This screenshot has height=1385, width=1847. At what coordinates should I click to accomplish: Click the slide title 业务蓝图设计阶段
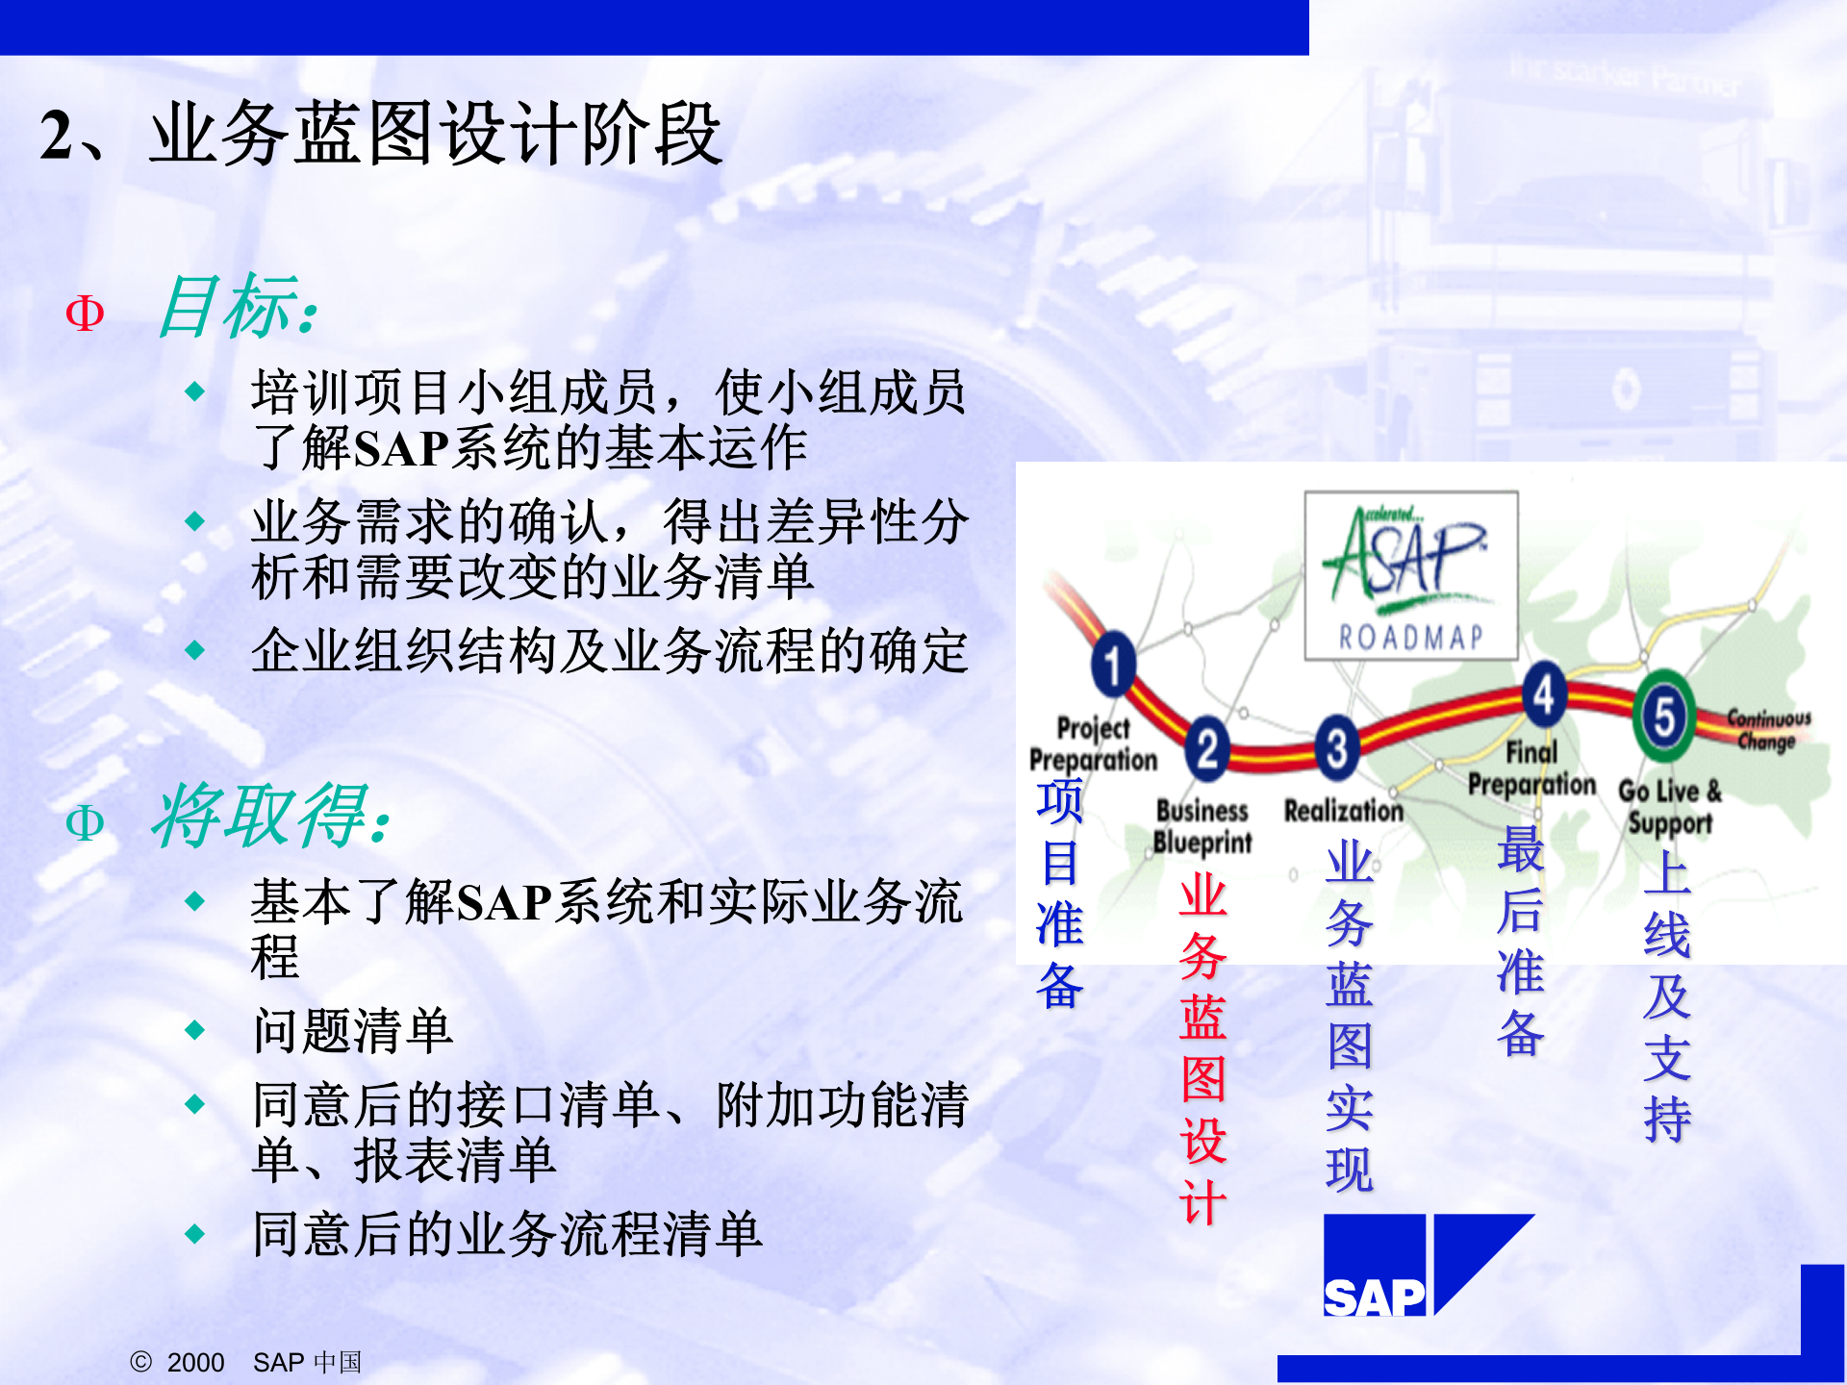pyautogui.click(x=435, y=135)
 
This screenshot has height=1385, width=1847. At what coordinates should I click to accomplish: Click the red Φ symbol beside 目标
pyautogui.click(x=85, y=314)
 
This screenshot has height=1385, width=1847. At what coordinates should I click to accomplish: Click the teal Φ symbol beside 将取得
pyautogui.click(x=85, y=823)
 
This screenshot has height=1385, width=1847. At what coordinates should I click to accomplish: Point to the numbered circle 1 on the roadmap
pyautogui.click(x=1113, y=664)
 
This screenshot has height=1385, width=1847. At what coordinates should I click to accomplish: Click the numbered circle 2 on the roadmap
pyautogui.click(x=1207, y=747)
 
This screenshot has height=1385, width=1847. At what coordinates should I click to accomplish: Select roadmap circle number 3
pyautogui.click(x=1336, y=747)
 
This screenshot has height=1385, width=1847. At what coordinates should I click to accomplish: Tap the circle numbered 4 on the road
pyautogui.click(x=1543, y=693)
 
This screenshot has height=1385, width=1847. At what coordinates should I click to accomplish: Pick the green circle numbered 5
pyautogui.click(x=1664, y=717)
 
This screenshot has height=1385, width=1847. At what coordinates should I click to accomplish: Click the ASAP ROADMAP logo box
pyautogui.click(x=1410, y=575)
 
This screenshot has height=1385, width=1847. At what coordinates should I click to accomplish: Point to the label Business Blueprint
pyautogui.click(x=1202, y=826)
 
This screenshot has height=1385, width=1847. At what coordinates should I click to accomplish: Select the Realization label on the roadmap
pyautogui.click(x=1344, y=811)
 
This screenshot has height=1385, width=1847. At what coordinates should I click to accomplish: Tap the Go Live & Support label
pyautogui.click(x=1670, y=807)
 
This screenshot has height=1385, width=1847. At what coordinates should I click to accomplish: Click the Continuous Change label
pyautogui.click(x=1768, y=729)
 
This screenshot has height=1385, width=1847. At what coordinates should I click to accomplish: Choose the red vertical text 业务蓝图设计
pyautogui.click(x=1202, y=1048)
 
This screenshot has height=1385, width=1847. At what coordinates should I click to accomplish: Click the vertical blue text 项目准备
pyautogui.click(x=1059, y=894)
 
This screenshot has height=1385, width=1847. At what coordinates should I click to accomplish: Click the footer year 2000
pyautogui.click(x=195, y=1363)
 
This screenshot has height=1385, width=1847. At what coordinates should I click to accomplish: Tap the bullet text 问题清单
pyautogui.click(x=352, y=1031)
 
